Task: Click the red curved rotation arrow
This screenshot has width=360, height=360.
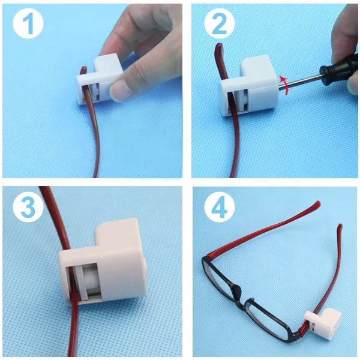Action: tap(285, 85)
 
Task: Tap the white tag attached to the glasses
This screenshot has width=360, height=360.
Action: tap(322, 323)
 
